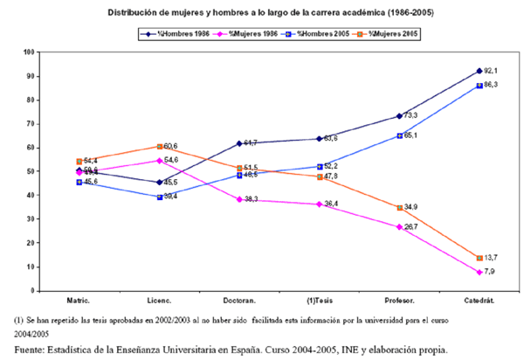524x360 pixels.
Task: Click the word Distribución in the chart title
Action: point(132,12)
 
